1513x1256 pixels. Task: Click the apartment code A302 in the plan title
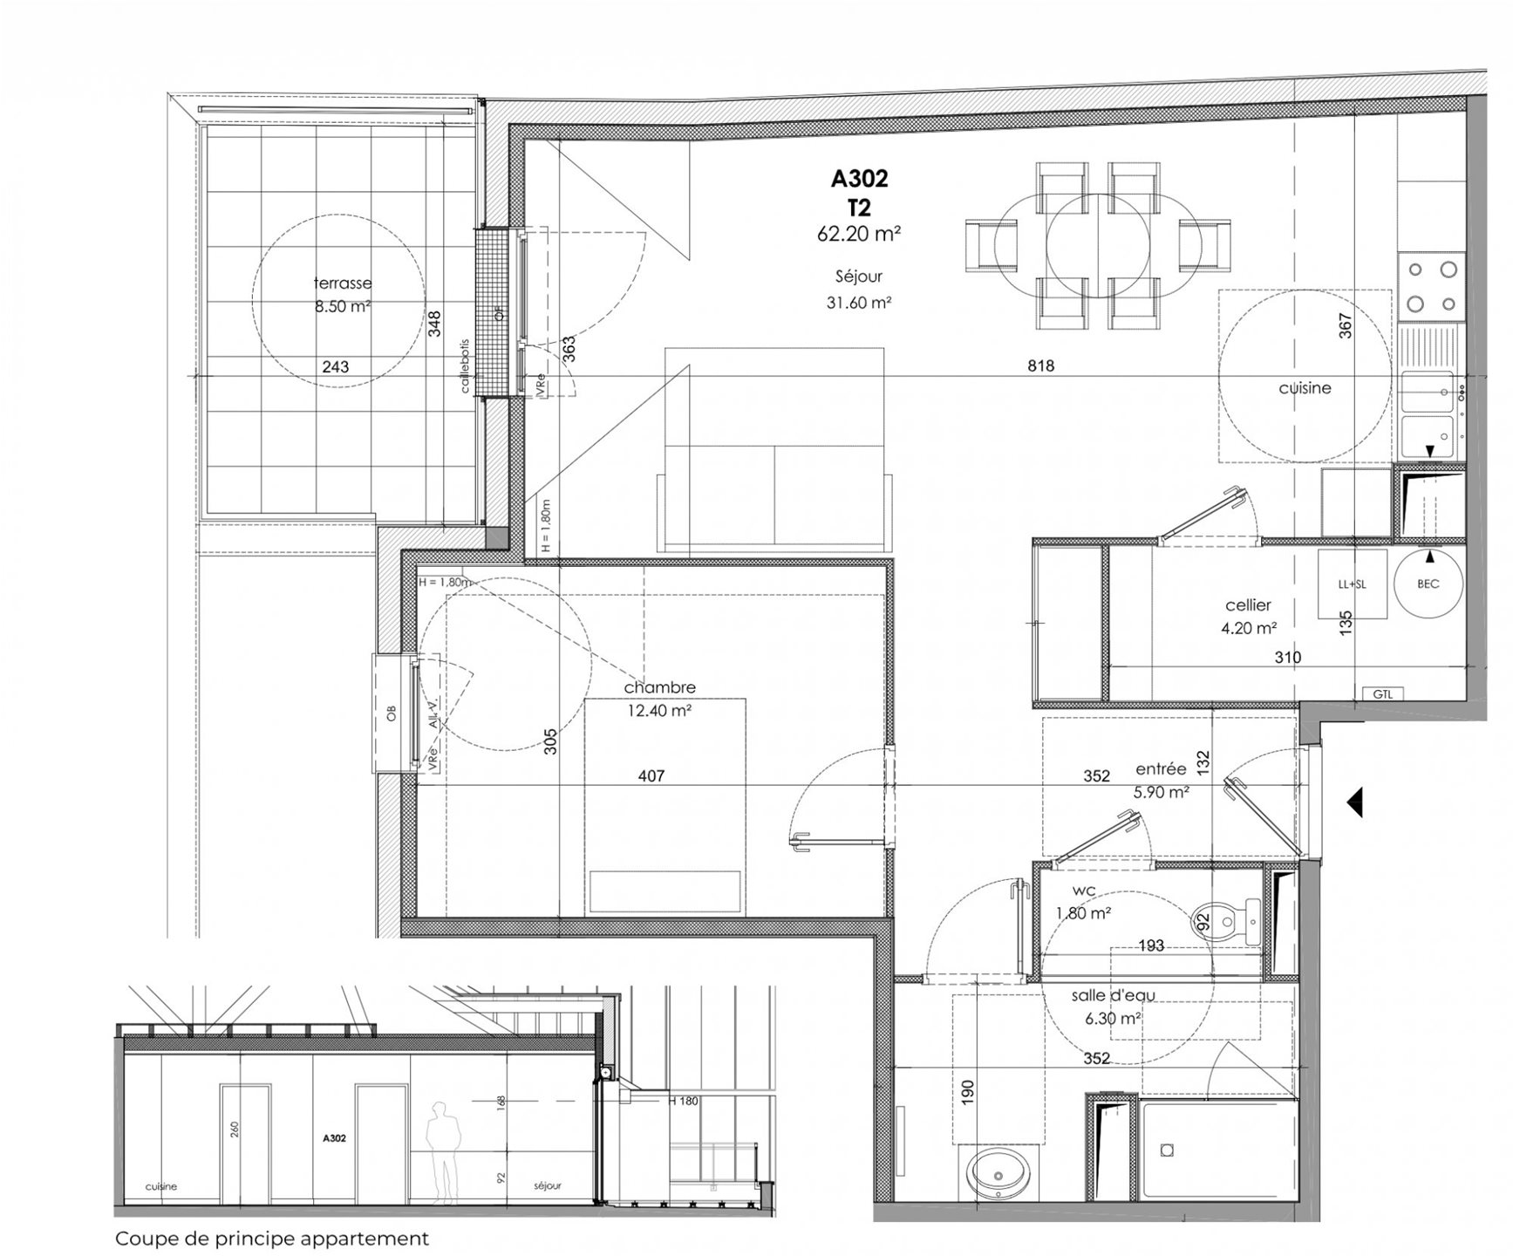(x=859, y=179)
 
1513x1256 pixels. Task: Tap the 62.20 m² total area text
(x=859, y=234)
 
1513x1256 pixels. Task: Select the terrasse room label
(x=342, y=283)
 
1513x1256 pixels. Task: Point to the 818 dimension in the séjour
(x=1040, y=366)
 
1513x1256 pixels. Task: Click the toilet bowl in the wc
(x=1224, y=921)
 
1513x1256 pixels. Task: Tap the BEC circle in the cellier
(x=1428, y=584)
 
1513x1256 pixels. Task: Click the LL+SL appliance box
(x=1352, y=584)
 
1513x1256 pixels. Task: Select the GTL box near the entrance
(x=1382, y=694)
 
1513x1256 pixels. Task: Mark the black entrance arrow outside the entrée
(x=1354, y=802)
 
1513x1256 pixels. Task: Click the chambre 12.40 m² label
(x=659, y=699)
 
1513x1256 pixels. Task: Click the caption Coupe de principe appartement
(x=272, y=1239)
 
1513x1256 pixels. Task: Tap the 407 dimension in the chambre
(x=651, y=775)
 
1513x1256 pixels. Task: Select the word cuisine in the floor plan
(x=1305, y=388)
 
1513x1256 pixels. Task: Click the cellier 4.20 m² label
(x=1249, y=615)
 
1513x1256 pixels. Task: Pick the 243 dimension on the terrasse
(x=336, y=367)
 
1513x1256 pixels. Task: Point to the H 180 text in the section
(x=684, y=1101)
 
